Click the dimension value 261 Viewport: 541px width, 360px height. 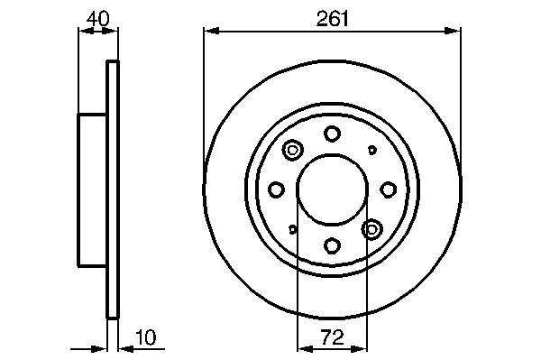[x=333, y=19]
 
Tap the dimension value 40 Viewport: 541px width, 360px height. [x=98, y=19]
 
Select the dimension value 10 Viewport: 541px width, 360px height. [x=146, y=337]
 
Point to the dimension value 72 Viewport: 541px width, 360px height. [x=333, y=337]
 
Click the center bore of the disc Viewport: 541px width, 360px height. [x=332, y=189]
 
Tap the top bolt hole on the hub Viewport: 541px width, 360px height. [x=332, y=134]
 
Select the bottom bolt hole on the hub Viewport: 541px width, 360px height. [x=332, y=245]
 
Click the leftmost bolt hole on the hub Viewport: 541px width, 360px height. [x=277, y=189]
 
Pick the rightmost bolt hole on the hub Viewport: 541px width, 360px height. [x=388, y=189]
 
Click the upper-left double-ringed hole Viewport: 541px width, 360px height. [x=292, y=150]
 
